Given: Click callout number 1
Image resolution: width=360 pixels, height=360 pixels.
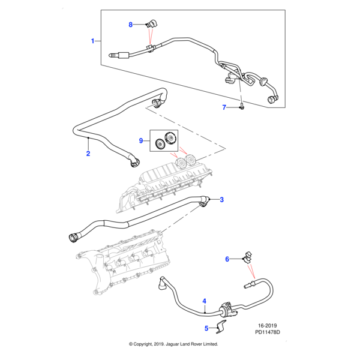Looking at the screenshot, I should pos(93,41).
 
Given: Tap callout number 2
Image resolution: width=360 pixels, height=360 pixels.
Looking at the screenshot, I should pos(88,154).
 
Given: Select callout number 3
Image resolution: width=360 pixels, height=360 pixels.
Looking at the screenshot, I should pos(221,200).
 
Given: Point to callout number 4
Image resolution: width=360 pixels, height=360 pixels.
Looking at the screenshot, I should pos(204,301).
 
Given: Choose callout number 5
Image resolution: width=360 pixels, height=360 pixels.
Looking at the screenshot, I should pos(206,328).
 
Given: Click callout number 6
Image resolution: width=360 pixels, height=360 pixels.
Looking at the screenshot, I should pos(227,259).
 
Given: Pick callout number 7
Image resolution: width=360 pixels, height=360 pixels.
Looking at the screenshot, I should pos(224,107).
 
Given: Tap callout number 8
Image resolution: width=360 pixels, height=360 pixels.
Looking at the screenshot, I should pos(131,25).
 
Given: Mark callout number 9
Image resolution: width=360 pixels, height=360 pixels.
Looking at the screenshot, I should pos(142,140).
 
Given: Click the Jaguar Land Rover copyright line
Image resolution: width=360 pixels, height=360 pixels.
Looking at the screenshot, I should pos(174,344).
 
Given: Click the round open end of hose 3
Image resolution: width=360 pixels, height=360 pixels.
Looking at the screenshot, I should pos(74,237).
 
